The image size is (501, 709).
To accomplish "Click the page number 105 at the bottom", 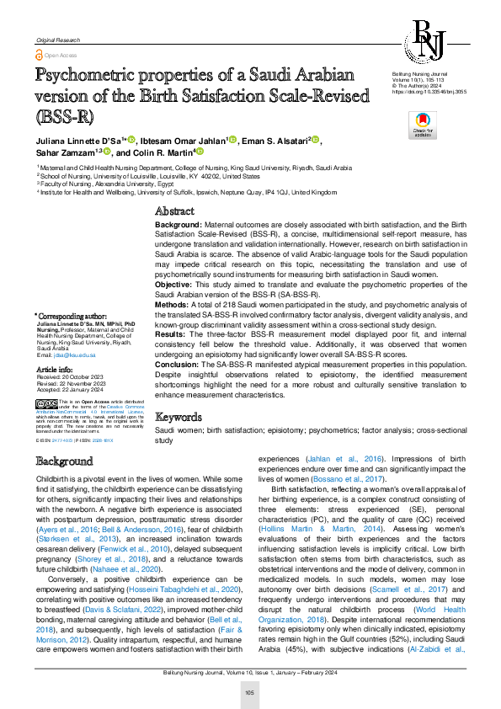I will (250, 692).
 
